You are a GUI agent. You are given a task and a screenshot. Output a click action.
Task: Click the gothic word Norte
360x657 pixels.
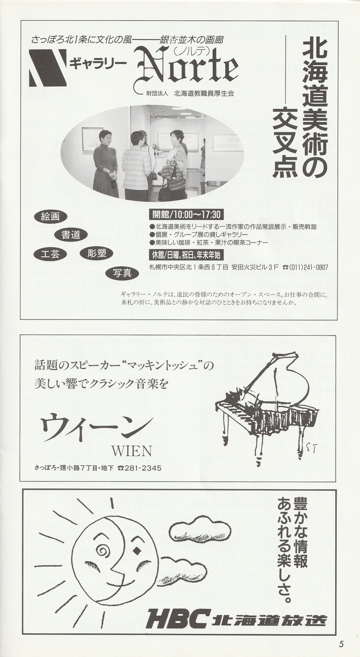188,69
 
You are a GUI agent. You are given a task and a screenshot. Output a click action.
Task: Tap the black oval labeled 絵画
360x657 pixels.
51,217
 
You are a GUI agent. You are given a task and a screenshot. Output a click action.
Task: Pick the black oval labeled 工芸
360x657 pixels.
51,254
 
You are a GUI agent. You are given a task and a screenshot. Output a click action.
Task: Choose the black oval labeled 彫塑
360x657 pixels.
96,254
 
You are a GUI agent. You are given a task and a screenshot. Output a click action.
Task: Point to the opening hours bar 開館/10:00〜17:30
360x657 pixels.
186,215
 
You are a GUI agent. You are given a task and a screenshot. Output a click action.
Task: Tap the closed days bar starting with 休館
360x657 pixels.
186,255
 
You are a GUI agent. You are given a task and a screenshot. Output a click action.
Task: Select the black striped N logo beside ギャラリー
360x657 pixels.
48,67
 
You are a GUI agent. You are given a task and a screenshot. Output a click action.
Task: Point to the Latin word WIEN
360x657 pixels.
132,451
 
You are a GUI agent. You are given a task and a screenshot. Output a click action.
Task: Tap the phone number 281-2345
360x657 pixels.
139,468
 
